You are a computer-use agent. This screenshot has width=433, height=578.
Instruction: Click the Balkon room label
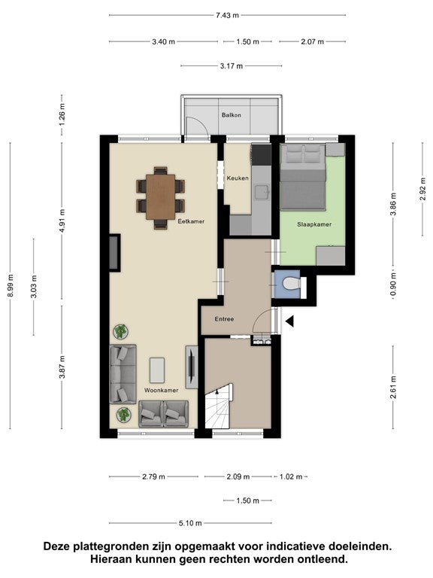click(232, 115)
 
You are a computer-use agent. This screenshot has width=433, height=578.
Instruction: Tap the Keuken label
click(238, 178)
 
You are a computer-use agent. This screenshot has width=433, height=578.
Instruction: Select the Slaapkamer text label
click(314, 224)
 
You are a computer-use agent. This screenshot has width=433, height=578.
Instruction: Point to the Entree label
click(224, 319)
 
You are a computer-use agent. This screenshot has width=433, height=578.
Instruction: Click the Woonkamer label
click(162, 390)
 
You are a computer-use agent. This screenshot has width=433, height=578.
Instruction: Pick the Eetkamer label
click(191, 221)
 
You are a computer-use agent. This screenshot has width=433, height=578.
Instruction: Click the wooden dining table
click(161, 197)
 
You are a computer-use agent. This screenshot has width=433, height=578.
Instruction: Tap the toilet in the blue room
click(291, 284)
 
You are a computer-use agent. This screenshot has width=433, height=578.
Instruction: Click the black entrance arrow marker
click(289, 321)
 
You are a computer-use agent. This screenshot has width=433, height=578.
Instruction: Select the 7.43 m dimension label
click(227, 15)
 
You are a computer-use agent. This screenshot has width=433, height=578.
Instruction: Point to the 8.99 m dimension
click(11, 286)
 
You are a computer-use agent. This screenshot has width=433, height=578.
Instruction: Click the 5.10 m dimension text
click(190, 523)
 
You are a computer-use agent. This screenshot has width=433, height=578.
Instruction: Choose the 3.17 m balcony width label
click(232, 66)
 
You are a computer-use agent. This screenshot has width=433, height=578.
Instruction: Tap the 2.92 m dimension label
click(422, 189)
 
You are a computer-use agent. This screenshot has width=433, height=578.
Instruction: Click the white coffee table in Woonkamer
click(157, 370)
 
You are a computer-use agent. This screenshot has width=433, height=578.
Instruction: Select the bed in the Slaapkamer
click(303, 178)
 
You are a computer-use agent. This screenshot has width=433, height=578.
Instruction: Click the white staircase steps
click(219, 407)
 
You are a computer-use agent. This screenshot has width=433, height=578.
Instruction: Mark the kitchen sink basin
click(262, 192)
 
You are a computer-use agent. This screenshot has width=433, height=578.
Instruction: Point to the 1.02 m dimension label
click(291, 476)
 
